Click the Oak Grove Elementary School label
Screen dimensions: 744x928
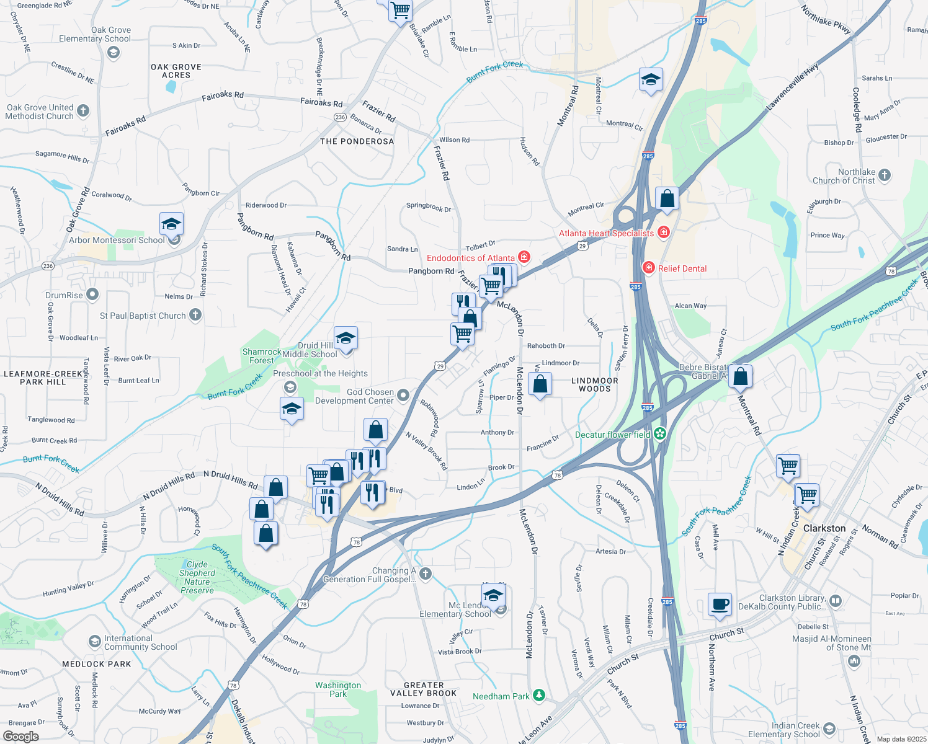pos(95,34)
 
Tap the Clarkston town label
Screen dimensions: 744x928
pos(824,528)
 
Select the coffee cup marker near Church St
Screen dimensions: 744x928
pos(720,604)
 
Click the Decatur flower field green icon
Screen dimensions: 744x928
pos(660,434)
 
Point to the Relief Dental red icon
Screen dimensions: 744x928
pos(649,268)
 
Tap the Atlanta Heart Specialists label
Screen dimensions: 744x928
pos(606,233)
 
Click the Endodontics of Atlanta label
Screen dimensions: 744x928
pos(471,258)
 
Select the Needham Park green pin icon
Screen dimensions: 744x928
pos(539,696)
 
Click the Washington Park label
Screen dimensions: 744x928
pos(337,689)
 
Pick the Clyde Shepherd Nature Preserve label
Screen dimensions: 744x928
pos(197,577)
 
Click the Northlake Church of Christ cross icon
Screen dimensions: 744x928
pos(885,175)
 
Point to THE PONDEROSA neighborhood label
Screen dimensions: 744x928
pos(357,141)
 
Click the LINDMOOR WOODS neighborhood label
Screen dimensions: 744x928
pos(594,385)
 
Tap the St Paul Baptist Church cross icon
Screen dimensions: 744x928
pos(195,315)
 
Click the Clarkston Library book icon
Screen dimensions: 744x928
pos(835,601)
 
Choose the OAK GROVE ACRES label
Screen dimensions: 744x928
pos(176,71)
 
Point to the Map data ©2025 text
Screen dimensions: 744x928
pos(901,738)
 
